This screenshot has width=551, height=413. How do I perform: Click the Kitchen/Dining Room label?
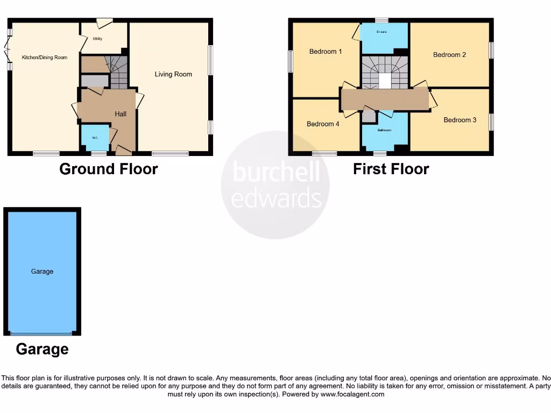(44, 57)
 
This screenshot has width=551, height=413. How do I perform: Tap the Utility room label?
(97, 39)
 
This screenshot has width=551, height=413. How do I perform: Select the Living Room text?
(173, 74)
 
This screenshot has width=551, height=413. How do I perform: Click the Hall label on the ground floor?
(121, 114)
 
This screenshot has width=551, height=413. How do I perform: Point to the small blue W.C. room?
(95, 138)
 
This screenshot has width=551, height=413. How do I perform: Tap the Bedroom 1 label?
(326, 52)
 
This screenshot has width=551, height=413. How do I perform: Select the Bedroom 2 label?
(449, 55)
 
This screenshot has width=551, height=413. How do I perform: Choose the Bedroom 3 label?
(460, 120)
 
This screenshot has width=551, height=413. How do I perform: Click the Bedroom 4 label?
(323, 124)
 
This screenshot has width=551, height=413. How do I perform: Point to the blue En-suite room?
(384, 38)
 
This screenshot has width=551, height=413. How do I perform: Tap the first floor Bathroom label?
(384, 130)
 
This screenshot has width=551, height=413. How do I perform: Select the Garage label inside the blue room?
(42, 272)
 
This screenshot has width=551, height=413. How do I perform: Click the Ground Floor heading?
(108, 169)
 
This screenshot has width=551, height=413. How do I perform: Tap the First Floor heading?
(391, 169)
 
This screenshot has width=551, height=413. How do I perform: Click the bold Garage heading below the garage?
(42, 349)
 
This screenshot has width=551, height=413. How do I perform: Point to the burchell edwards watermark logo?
(275, 186)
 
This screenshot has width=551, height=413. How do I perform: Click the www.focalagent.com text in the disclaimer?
(353, 394)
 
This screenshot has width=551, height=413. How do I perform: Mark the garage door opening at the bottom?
(42, 333)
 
